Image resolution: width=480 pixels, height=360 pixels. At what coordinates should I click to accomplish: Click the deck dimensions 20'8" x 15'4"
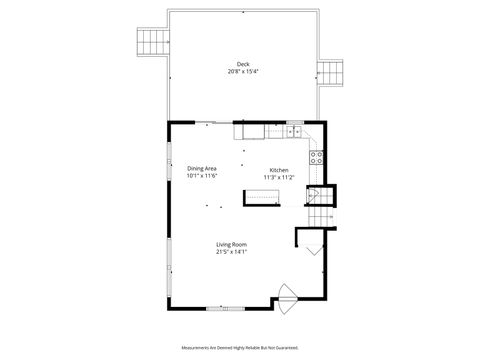point(242,72)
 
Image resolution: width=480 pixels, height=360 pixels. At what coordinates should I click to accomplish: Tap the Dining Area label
point(201,168)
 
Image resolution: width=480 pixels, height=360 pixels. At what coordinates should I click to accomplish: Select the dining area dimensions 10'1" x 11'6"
point(201,176)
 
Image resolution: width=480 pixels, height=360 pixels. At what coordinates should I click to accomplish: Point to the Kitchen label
point(279,169)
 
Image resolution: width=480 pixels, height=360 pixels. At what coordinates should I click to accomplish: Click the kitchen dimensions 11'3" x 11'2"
point(278,176)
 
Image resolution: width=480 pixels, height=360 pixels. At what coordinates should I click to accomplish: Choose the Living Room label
point(231,245)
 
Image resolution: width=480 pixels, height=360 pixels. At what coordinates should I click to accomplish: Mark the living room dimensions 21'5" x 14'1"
point(231,252)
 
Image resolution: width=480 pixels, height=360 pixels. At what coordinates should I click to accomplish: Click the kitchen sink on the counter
point(295,131)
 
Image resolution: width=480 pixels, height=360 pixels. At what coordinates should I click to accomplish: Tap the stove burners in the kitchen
point(318,155)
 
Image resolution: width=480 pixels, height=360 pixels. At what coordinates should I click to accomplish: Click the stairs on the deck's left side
point(149,44)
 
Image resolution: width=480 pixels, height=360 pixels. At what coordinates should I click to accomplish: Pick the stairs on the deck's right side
point(331,72)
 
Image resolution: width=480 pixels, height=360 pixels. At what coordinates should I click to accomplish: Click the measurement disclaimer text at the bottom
point(239,347)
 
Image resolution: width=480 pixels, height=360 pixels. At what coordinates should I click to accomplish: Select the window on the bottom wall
point(229,307)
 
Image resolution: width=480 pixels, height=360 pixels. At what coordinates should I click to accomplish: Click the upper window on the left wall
point(168,159)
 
